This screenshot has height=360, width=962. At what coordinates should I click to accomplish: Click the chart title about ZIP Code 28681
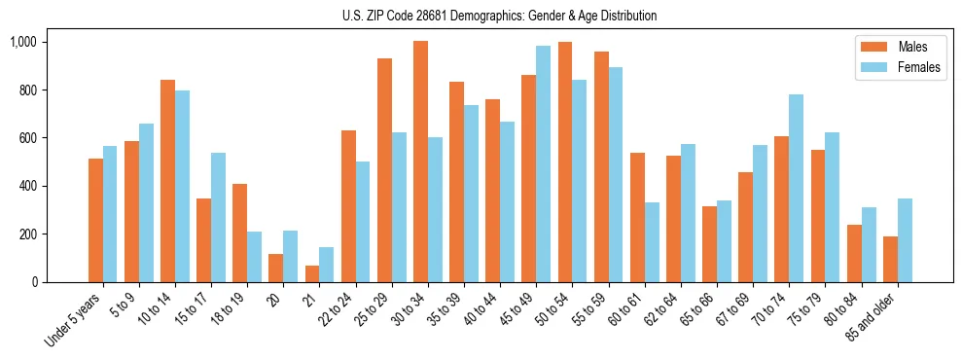coord(500,16)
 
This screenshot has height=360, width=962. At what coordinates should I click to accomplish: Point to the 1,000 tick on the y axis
coord(23,42)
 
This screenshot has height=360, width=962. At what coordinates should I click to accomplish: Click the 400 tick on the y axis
coord(29,186)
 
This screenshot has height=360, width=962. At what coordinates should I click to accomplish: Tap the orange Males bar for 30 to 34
coord(420,162)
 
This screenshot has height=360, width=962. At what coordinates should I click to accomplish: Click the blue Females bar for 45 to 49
coord(543,163)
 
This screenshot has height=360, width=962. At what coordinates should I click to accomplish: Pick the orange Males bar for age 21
coord(312,273)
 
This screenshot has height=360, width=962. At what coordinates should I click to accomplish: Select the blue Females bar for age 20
coord(290,256)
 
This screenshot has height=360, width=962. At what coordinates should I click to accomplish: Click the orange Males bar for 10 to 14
coord(167,181)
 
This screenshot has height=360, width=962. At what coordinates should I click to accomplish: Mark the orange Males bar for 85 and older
coord(890,259)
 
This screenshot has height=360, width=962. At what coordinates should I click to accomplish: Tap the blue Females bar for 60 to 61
coord(652,242)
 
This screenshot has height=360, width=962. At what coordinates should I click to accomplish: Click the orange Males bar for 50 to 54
coord(565,162)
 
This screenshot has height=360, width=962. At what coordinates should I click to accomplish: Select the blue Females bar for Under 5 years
coord(110,214)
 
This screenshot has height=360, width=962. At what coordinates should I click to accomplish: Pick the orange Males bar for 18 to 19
coord(239,233)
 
